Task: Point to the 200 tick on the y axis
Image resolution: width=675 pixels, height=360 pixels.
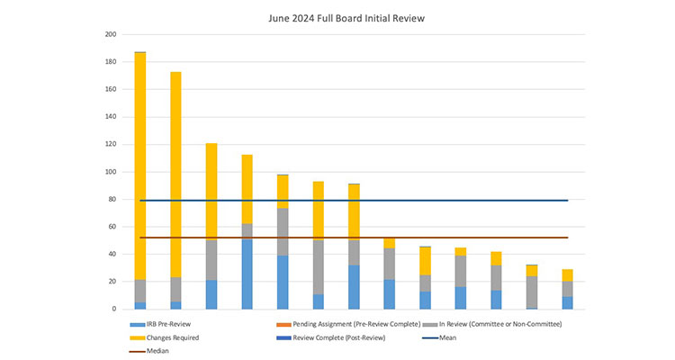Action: tap(111, 34)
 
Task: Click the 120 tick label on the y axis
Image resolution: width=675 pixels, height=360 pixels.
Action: tap(111, 144)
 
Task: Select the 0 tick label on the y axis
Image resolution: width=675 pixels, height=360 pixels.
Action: tap(114, 309)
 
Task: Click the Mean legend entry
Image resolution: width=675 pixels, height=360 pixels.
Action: tap(450, 337)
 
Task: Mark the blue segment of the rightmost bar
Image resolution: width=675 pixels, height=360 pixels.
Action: tap(567, 303)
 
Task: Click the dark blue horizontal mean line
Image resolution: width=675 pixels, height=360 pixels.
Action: tap(405, 201)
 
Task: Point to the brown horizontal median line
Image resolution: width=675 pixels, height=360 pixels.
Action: tap(405, 238)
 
